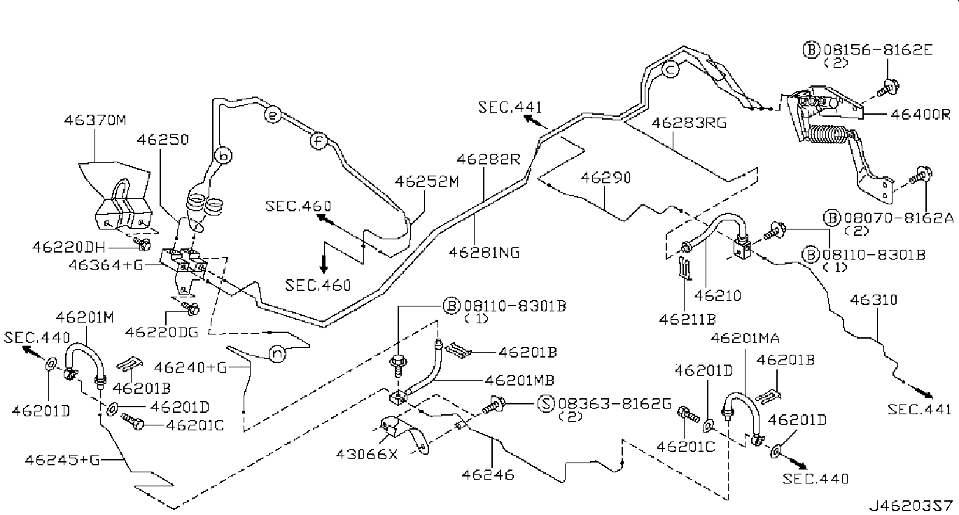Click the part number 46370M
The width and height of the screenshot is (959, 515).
click(96, 120)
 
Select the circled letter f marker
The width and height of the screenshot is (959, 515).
click(318, 141)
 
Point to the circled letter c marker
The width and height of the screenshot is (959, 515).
click(670, 70)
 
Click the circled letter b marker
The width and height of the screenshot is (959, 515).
click(222, 155)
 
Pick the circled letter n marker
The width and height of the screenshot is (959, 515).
click(278, 355)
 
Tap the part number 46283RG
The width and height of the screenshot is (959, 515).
click(689, 123)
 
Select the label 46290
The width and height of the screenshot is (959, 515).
click(605, 178)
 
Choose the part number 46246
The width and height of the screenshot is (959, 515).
click(487, 475)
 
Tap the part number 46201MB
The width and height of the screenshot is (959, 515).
click(519, 381)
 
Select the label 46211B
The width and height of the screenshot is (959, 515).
click(687, 319)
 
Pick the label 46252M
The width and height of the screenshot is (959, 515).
click(426, 183)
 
